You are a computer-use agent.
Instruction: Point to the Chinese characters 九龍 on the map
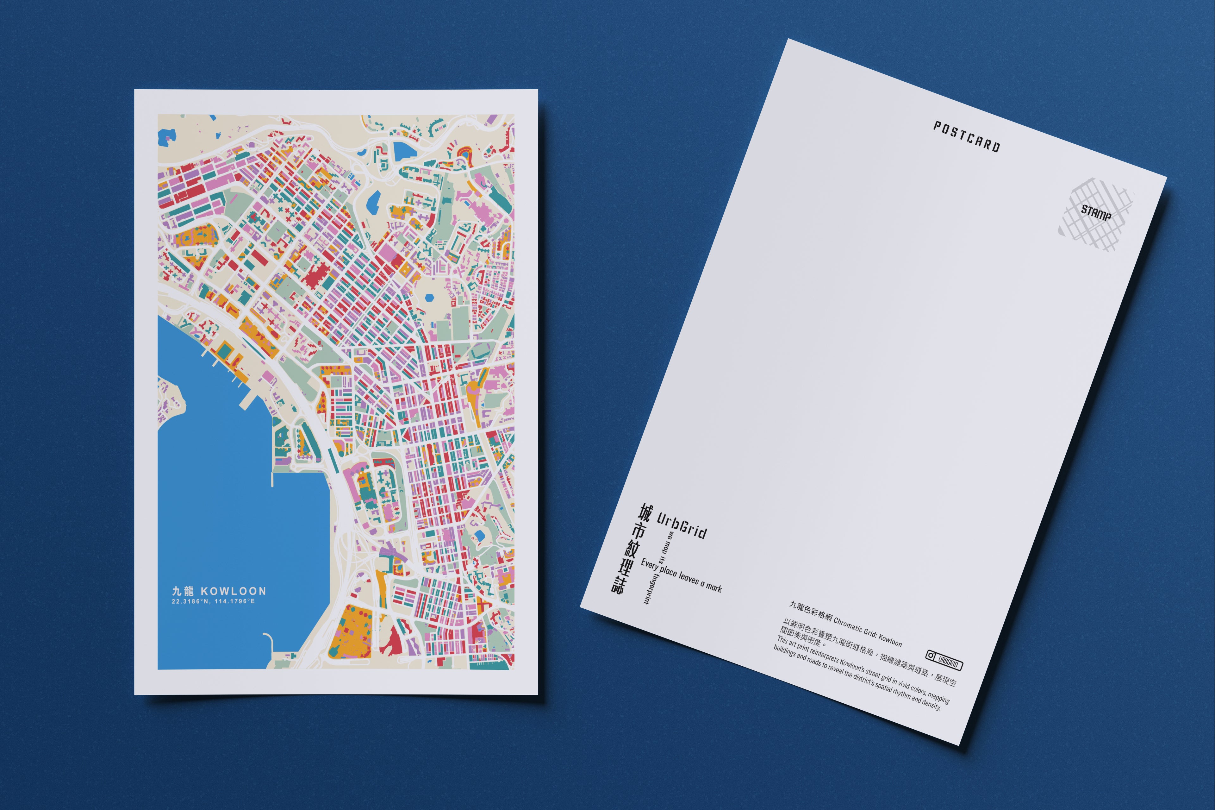pyautogui.click(x=183, y=591)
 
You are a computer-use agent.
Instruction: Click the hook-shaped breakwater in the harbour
pyautogui.click(x=269, y=641)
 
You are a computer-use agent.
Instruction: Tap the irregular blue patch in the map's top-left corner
pyautogui.click(x=167, y=136)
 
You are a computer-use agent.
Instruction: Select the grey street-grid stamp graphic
pyautogui.click(x=1095, y=214)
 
